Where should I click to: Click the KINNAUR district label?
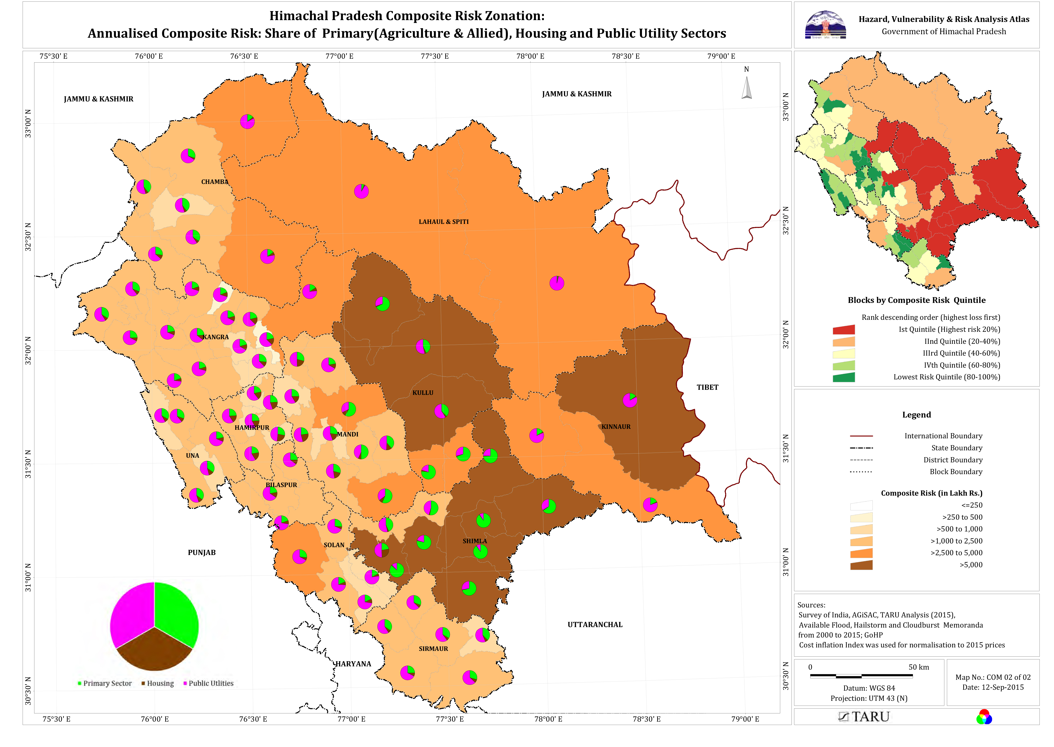tap(616, 427)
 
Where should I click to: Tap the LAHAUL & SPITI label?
tap(443, 222)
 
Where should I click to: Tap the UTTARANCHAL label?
tap(595, 625)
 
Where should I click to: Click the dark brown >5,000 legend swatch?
tap(861, 565)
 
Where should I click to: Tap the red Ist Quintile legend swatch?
tap(843, 330)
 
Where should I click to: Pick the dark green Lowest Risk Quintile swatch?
tap(843, 377)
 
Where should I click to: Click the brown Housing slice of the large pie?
tap(154, 651)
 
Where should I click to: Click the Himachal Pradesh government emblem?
tap(825, 25)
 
